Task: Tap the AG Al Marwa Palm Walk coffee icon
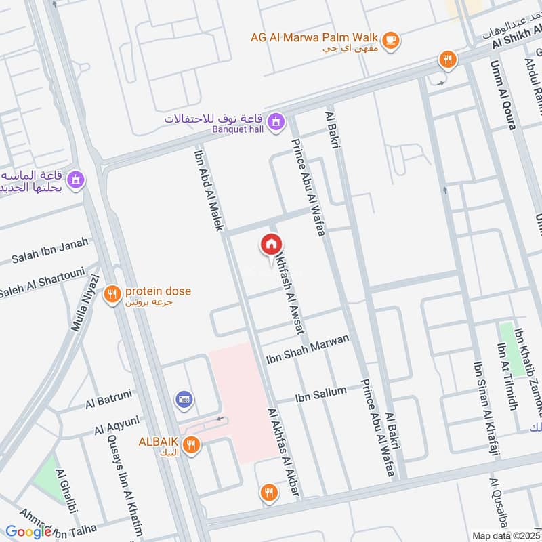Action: point(390,40)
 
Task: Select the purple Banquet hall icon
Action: point(275,122)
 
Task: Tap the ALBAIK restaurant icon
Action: point(192,444)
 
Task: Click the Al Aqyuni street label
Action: point(117,427)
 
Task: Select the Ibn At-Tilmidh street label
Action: point(506,377)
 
